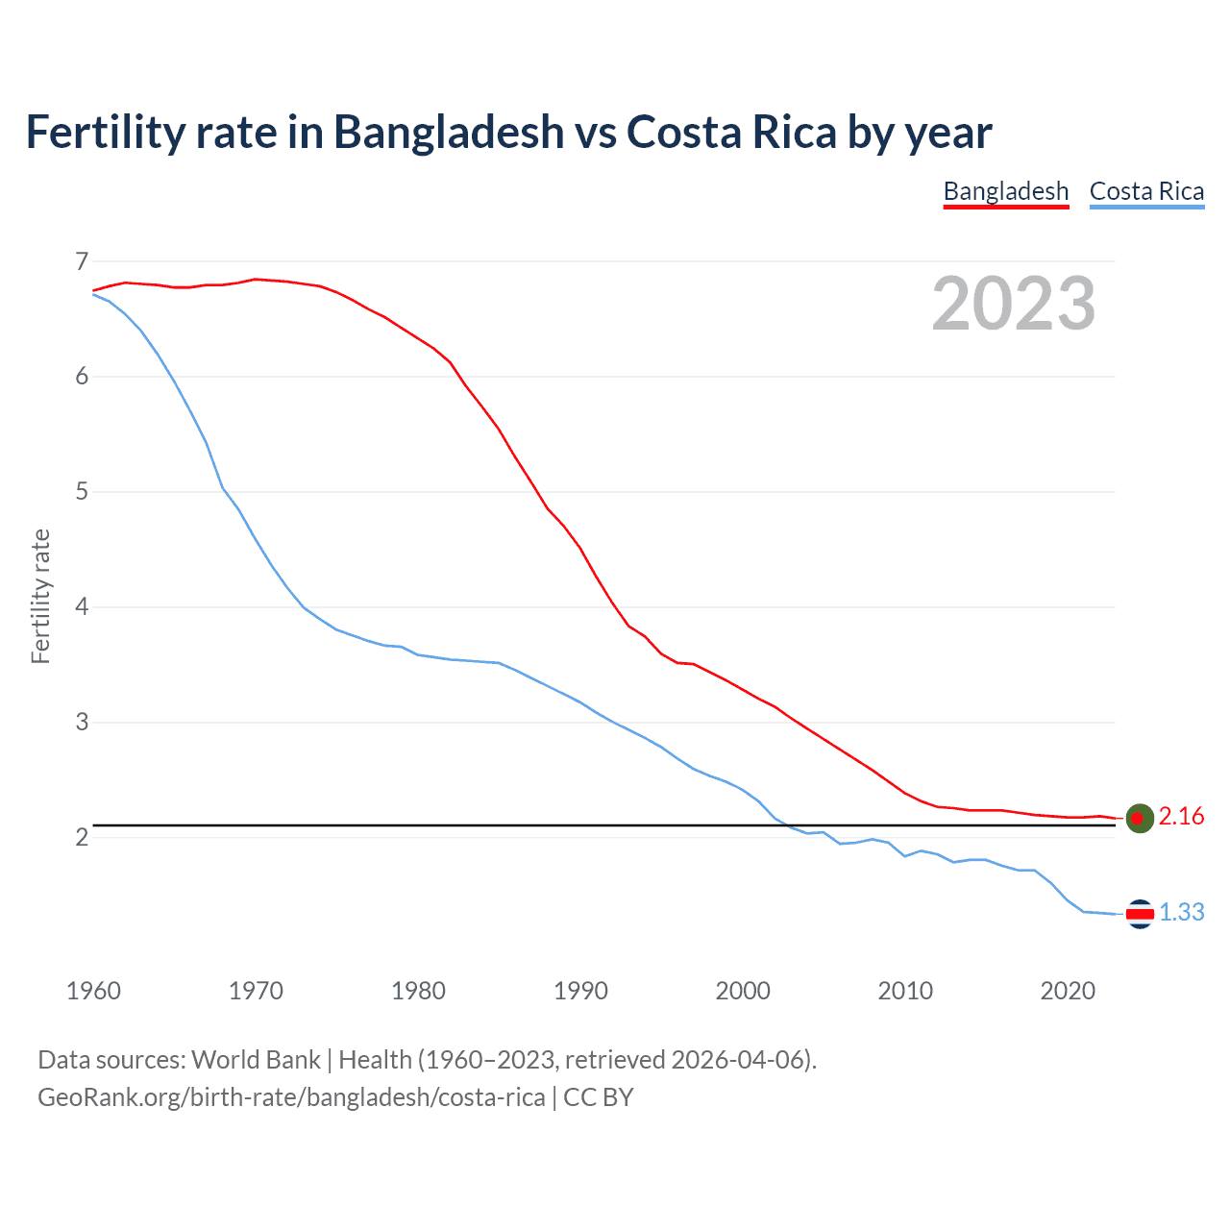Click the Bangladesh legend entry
point(1005,191)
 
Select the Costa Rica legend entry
point(1146,191)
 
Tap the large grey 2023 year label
point(1013,304)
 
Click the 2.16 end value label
point(1181,817)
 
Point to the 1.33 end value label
point(1181,913)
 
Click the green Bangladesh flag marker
point(1139,818)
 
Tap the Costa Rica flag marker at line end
point(1139,914)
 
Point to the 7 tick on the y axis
point(82,261)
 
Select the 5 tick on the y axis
point(82,492)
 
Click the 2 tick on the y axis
point(82,838)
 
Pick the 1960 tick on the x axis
point(93,991)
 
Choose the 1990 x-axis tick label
point(580,991)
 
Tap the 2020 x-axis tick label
point(1068,991)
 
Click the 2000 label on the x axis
point(743,991)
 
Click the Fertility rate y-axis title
point(40,596)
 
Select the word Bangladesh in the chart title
point(449,132)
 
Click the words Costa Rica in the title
point(731,132)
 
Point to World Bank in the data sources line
point(256,1060)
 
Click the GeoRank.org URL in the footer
point(291,1097)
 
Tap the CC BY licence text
point(599,1097)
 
